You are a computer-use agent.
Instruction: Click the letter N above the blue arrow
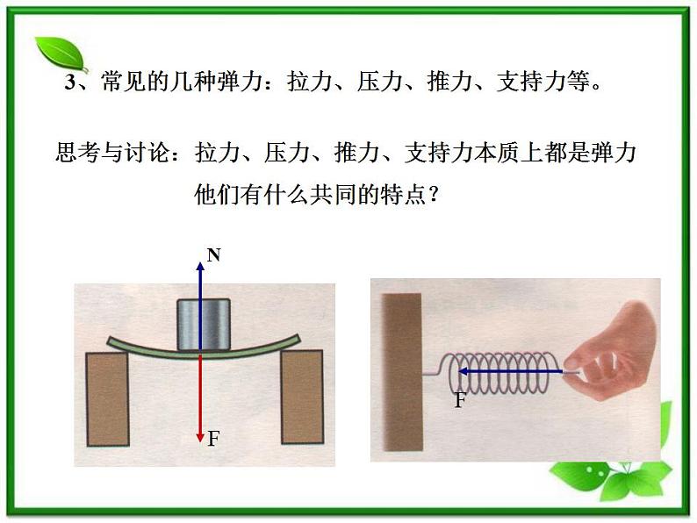[x=214, y=255]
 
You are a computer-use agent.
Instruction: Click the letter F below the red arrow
[x=212, y=439]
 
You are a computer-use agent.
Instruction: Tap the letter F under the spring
[x=461, y=401]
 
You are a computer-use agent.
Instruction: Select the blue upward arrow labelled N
[x=200, y=298]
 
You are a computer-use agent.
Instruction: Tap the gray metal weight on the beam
[x=203, y=325]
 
